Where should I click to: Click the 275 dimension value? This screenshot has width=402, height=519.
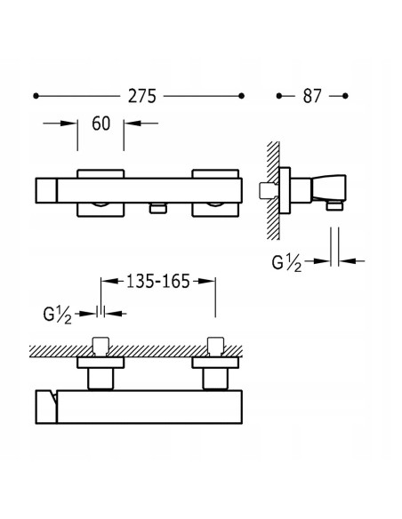coord(142,96)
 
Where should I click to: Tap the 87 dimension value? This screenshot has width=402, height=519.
coord(312,96)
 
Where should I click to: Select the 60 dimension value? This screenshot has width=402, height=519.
coord(101,124)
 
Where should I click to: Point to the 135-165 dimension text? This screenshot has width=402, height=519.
coord(158,282)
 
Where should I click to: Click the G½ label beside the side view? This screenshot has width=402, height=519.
coord(286,263)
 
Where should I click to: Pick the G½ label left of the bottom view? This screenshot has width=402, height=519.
coord(57,315)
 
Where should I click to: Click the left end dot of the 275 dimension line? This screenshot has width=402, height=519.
coord(36,96)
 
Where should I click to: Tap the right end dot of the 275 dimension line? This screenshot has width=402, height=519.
coord(241,96)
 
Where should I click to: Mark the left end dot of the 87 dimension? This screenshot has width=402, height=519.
coord(278,96)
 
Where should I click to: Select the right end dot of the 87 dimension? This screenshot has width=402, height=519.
coord(345,96)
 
